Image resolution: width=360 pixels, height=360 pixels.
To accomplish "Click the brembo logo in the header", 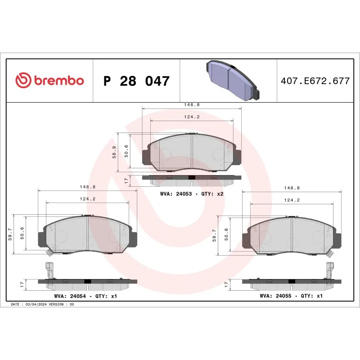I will pyautogui.click(x=49, y=81).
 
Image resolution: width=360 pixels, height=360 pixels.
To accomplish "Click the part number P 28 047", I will pyautogui.click(x=136, y=81).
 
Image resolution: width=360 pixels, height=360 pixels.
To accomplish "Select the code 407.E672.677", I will pyautogui.click(x=315, y=81).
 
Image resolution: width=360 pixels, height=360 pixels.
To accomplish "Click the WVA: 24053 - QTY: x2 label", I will pyautogui.click(x=192, y=193).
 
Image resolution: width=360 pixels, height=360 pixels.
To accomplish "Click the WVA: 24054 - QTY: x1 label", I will pyautogui.click(x=85, y=297).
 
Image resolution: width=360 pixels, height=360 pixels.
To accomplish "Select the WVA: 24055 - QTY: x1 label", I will pyautogui.click(x=291, y=297).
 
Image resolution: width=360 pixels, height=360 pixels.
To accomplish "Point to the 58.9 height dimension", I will pyautogui.click(x=115, y=152).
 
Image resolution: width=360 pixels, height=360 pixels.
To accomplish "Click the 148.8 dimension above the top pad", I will pyautogui.click(x=192, y=105).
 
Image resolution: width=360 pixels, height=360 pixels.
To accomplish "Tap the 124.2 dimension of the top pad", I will pyautogui.click(x=192, y=117).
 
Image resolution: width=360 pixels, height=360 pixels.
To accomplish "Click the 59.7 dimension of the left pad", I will pyautogui.click(x=11, y=234).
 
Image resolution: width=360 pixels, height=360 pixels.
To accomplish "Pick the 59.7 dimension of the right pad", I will pyautogui.click(x=215, y=234).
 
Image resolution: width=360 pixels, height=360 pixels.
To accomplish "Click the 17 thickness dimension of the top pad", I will pyautogui.click(x=126, y=181).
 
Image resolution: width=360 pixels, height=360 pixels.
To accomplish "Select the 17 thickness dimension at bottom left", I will pyautogui.click(x=22, y=284).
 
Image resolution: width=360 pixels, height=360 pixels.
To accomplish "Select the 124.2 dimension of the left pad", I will pyautogui.click(x=88, y=198).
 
